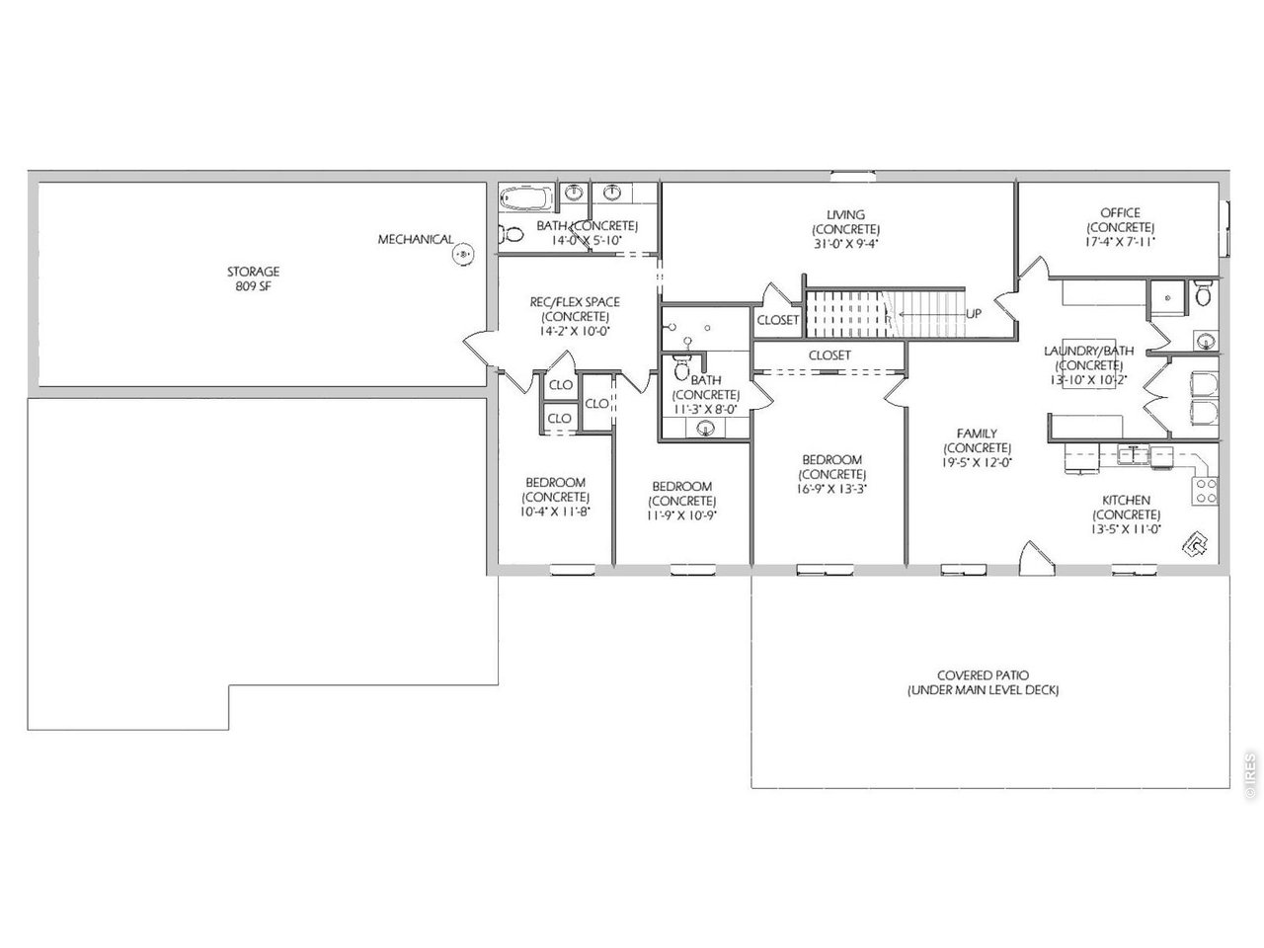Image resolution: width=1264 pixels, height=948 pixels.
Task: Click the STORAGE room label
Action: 253,272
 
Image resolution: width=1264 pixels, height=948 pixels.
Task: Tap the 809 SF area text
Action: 253,286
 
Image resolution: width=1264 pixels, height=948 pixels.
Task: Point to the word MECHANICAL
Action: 415,239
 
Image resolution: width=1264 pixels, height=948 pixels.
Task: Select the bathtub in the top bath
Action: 524,198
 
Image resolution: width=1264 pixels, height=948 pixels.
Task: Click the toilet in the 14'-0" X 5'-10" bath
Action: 512,234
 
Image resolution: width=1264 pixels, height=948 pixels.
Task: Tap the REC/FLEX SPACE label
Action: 575,301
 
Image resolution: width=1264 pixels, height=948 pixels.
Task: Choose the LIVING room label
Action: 845,214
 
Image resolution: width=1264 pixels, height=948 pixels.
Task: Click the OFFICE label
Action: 1120,213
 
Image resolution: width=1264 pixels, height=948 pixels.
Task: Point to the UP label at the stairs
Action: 974,314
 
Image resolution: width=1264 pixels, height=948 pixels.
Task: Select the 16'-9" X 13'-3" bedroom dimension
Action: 831,489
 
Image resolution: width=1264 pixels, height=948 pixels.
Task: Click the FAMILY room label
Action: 977,434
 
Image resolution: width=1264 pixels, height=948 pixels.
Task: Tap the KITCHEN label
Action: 1127,501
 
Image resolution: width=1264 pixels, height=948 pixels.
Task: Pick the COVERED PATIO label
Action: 983,675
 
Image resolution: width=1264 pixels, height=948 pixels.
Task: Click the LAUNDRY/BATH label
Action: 1089,351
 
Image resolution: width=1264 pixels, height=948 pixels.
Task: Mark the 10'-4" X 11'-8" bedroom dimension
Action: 555,512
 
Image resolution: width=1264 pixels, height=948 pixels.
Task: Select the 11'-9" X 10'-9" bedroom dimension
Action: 681,515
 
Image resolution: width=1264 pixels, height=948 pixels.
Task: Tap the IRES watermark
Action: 1250,774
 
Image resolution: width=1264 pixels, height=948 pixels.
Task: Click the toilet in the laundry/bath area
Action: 1203,293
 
